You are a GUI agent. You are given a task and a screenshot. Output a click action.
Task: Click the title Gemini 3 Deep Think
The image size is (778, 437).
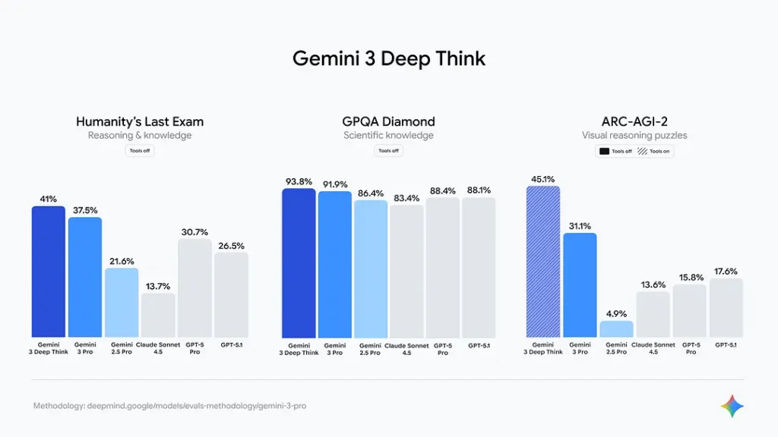coord(388,59)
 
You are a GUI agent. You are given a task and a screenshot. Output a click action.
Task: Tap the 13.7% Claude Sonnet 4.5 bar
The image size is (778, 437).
coord(158,315)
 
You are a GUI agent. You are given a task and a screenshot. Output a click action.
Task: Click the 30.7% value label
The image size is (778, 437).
coord(194,232)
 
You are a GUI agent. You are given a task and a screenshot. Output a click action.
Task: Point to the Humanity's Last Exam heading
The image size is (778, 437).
coord(140,121)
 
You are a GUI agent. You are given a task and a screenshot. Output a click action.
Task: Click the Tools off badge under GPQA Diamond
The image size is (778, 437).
coord(388,151)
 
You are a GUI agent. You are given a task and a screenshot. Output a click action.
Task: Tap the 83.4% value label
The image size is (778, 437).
coord(406,198)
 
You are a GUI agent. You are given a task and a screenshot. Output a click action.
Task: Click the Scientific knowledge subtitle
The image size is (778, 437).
coord(388,136)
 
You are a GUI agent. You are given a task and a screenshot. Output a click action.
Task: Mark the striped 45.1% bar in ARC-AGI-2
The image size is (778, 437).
coord(543,262)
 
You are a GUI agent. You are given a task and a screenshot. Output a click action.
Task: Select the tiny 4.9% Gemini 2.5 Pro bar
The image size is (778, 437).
coord(616,329)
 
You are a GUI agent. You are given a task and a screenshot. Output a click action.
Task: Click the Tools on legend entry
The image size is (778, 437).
coord(654,151)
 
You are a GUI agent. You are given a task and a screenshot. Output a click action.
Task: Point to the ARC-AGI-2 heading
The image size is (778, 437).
coord(634,121)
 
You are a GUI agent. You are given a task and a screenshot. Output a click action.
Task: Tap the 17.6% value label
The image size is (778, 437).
coord(726,272)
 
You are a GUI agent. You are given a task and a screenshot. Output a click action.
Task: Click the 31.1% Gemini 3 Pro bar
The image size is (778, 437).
coord(580,285)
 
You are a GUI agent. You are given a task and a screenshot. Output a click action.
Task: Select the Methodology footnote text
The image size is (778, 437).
coord(169,406)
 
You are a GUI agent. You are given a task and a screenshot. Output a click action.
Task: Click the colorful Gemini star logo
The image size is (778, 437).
coord(732,406)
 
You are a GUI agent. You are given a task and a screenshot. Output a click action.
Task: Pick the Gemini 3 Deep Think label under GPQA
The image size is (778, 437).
coord(299,348)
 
